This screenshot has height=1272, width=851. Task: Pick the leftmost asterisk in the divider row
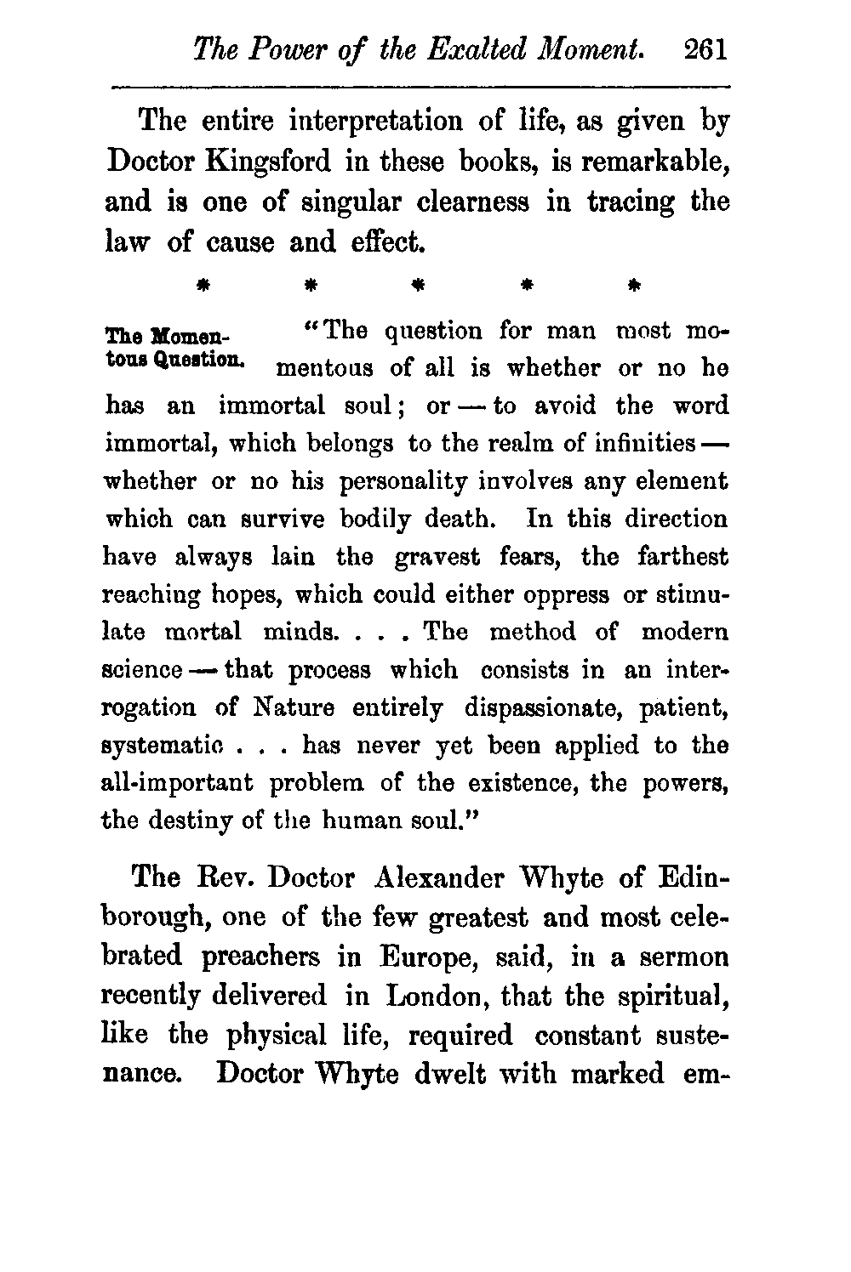point(203,281)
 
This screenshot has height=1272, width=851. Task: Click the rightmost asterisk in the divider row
point(631,281)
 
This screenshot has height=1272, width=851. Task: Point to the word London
point(437,997)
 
